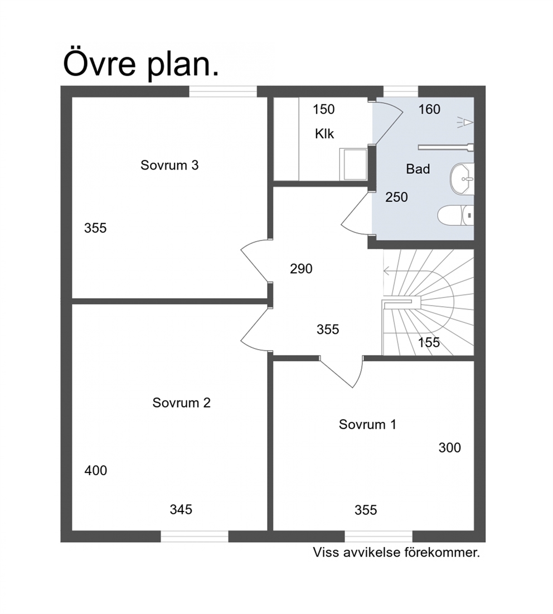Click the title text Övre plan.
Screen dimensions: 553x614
coord(140,63)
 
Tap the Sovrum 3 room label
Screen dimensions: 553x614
coord(169,165)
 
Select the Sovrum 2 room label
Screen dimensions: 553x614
coord(182,403)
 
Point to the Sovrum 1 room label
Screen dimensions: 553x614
coord(367,424)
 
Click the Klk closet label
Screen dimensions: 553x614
coord(324,134)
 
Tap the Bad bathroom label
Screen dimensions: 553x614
coord(418,169)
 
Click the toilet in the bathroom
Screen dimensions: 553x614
coord(455,215)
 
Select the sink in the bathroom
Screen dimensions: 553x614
coord(462,180)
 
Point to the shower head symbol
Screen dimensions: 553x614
coord(465,123)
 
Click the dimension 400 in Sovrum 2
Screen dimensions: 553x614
coord(96,470)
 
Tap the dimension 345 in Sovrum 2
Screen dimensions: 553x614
coord(181,510)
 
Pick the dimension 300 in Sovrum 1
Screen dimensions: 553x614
coord(450,448)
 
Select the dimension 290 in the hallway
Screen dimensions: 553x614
coord(302,269)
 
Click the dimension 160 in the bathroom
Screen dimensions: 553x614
coord(429,109)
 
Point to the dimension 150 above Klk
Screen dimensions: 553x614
coord(324,109)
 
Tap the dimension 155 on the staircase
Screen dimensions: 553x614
coord(429,342)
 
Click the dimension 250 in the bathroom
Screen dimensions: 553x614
coord(396,197)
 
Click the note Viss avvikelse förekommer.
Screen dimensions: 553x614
coord(396,553)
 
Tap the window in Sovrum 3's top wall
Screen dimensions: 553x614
coord(223,91)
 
